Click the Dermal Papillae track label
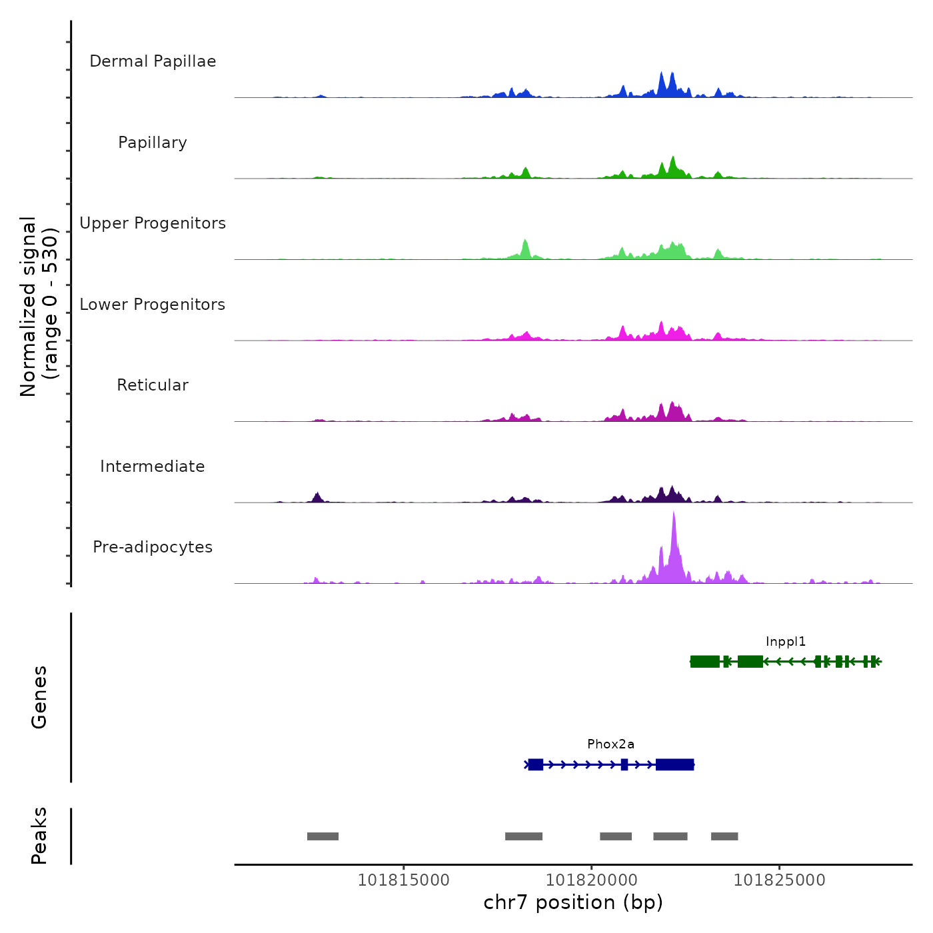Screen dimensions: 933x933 click(x=153, y=61)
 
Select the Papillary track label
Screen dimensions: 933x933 click(x=153, y=143)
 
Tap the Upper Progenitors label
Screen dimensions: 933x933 click(x=153, y=223)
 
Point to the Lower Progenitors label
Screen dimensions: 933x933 click(x=153, y=305)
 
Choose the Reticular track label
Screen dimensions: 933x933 click(x=153, y=385)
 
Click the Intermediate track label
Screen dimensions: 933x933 click(x=153, y=467)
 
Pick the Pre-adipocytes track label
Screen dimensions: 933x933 click(x=153, y=547)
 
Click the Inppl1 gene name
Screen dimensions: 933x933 click(x=786, y=642)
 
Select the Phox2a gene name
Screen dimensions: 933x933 click(x=610, y=744)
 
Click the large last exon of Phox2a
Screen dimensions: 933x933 click(x=674, y=764)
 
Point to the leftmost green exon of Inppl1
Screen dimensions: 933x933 click(x=704, y=662)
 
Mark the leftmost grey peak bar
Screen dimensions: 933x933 click(x=323, y=836)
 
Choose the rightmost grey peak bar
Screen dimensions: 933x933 click(x=724, y=836)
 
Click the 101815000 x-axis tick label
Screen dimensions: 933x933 click(x=404, y=880)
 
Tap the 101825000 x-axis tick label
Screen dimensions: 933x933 click(x=779, y=880)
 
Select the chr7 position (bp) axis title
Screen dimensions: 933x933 click(x=573, y=902)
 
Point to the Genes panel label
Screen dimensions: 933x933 click(x=39, y=697)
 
